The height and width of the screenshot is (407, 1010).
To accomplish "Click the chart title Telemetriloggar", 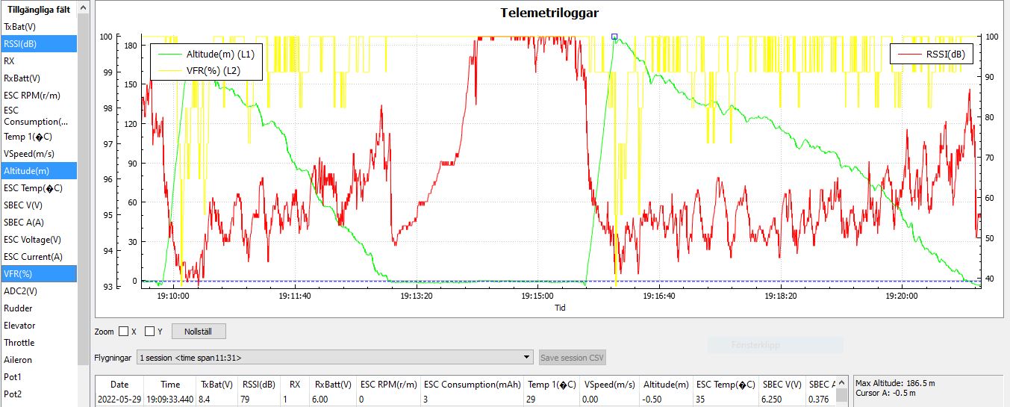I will coord(549,13).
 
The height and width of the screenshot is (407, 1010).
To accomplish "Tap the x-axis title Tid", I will coord(561,307).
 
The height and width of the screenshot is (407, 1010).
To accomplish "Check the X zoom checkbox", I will coord(124,331).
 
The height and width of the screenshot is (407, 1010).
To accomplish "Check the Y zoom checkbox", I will coord(150,331).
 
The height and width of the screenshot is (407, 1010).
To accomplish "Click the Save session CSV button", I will coord(573,358).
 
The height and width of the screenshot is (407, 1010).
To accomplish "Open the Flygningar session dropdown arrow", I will coord(528,358).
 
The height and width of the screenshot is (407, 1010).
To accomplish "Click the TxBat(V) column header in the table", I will coord(216,385).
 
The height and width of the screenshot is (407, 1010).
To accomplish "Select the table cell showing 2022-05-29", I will coord(119,400).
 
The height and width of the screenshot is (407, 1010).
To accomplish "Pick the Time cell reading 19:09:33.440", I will coord(170,400).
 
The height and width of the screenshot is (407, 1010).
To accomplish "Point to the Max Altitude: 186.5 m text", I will coord(895,383).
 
